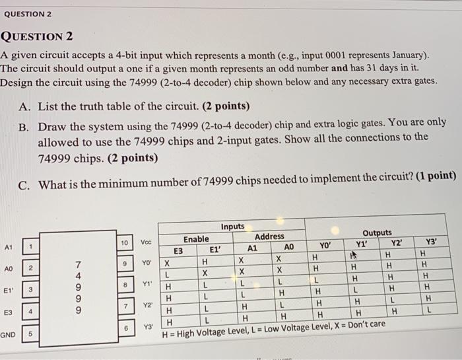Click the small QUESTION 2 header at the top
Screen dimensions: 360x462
(28, 14)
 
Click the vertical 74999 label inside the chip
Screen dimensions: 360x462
(79, 285)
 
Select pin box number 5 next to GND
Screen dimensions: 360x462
(30, 334)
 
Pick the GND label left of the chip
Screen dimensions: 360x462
(9, 335)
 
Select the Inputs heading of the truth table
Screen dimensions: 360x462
(232, 227)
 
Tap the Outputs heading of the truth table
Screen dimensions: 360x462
(377, 233)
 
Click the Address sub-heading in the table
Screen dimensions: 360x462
(269, 236)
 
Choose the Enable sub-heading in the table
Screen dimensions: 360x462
(196, 239)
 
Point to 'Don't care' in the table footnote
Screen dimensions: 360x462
(366, 325)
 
